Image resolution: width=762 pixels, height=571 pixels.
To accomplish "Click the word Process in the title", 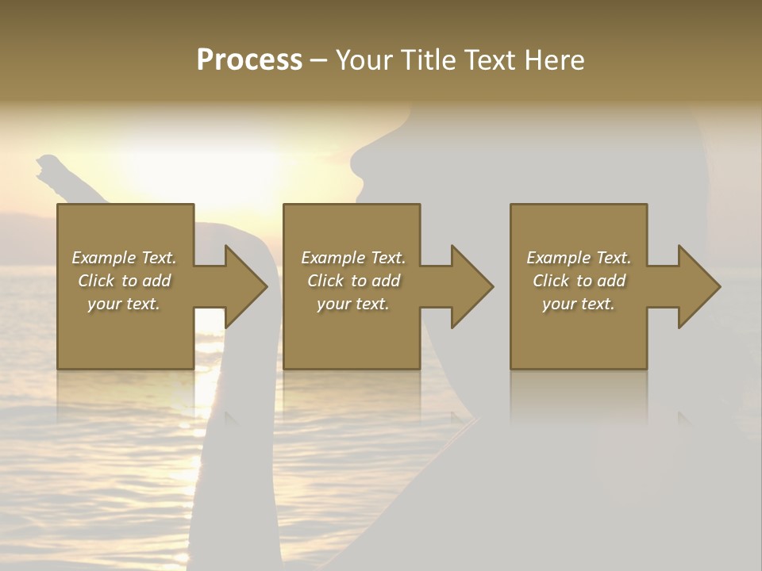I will tap(249, 60).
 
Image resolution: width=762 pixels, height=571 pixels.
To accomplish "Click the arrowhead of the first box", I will tap(245, 286).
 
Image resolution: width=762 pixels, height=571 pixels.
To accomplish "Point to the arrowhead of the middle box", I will tap(471, 286).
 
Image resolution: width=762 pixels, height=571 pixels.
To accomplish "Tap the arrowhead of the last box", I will tap(698, 286).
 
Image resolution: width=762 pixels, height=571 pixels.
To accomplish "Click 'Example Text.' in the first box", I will tap(124, 258).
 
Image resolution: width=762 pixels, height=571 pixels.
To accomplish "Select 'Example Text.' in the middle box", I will tap(352, 258).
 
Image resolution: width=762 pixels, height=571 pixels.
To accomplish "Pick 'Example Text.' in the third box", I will tap(579, 258).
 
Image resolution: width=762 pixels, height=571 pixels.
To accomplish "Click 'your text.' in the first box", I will tap(124, 304).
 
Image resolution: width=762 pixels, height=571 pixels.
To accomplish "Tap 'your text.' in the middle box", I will tap(352, 304).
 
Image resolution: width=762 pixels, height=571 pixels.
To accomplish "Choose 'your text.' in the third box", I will tap(579, 304).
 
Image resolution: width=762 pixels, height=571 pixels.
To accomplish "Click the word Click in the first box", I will tap(96, 281).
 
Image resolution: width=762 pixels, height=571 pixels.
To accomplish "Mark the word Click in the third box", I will tap(551, 281).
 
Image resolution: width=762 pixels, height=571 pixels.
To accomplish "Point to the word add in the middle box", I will tap(386, 281).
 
